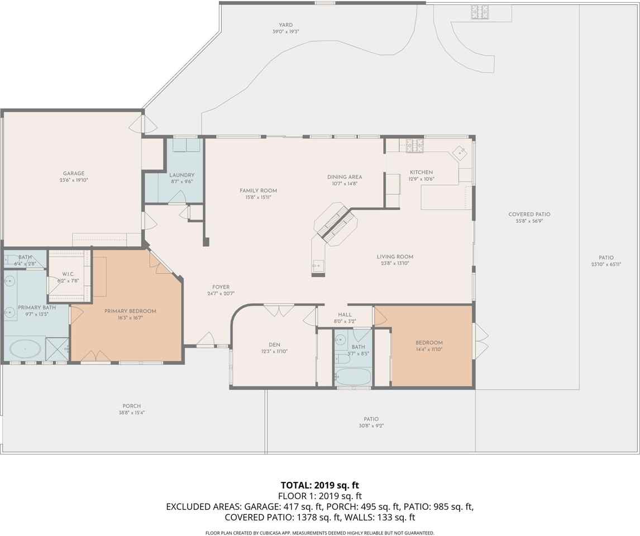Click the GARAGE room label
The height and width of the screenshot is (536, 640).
74,173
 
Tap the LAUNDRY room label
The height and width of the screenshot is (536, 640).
182,175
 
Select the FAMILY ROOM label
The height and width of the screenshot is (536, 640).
258,190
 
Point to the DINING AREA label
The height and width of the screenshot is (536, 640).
345,177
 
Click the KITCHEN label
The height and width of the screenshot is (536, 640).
421,172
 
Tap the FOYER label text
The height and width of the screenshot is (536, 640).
221,287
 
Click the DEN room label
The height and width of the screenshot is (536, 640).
274,344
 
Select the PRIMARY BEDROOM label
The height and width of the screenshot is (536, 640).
130,311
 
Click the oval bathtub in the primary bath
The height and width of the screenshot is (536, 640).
25,350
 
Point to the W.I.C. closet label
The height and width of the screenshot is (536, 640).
68,274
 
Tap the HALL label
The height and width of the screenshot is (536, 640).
345,315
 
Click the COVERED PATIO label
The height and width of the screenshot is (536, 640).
525,214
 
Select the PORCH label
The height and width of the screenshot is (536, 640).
132,406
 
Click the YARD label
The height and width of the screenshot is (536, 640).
286,25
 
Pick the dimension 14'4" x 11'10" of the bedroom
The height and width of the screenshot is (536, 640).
429,350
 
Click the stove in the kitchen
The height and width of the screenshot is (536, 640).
414,145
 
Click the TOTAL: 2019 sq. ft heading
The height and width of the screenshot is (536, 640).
319,485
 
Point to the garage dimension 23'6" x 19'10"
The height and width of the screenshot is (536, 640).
74,180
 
